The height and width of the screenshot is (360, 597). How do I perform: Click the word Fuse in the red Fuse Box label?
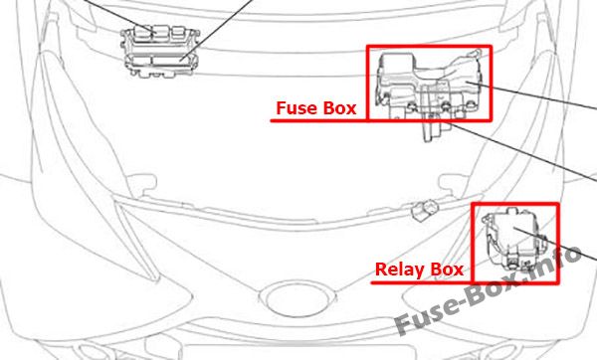[x=297, y=108]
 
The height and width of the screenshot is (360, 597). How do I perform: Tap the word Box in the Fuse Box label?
[x=339, y=108]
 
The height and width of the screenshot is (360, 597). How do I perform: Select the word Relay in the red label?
[x=400, y=270]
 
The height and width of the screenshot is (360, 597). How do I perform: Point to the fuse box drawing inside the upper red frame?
[x=430, y=85]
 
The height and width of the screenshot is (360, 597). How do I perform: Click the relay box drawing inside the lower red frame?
[x=514, y=239]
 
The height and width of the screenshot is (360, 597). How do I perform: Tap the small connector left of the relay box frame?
[x=425, y=209]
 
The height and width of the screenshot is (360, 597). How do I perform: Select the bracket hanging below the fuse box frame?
[x=434, y=131]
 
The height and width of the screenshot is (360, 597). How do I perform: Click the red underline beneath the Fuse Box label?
[x=319, y=120]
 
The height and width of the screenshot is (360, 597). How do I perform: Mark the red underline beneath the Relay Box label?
[x=421, y=282]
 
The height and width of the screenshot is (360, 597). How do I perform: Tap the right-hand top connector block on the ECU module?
[x=178, y=33]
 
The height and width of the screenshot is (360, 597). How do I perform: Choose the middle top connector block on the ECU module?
[x=161, y=33]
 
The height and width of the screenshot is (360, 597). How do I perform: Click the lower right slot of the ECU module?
[x=171, y=61]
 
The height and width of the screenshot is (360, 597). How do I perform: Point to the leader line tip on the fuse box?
[x=466, y=82]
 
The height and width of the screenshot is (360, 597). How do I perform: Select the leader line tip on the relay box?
[x=513, y=228]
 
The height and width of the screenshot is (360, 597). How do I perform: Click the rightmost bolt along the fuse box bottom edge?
[x=471, y=103]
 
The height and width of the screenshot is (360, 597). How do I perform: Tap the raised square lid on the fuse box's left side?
[x=397, y=67]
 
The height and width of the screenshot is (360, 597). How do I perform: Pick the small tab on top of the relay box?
[x=511, y=211]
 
